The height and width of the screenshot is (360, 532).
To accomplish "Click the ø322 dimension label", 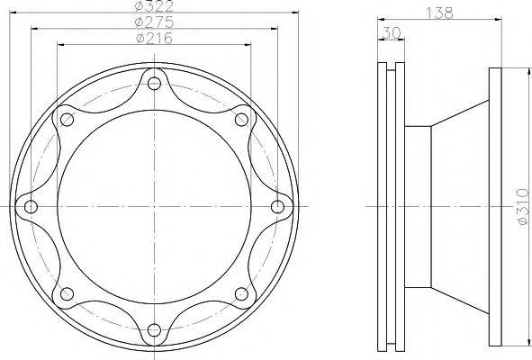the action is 154,5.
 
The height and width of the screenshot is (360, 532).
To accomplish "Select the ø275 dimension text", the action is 154,22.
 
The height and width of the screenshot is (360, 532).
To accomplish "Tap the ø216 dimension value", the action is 154,38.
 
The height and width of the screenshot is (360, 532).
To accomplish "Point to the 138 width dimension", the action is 439,13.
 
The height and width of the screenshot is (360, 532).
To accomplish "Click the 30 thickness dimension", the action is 392,33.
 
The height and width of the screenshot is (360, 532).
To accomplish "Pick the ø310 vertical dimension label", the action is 522,206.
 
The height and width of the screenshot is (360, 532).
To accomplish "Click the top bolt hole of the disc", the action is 154,83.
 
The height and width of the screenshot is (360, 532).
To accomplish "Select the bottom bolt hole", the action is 154,329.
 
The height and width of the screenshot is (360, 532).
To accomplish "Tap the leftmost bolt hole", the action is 32,206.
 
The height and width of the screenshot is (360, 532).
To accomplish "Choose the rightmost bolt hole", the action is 278,206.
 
